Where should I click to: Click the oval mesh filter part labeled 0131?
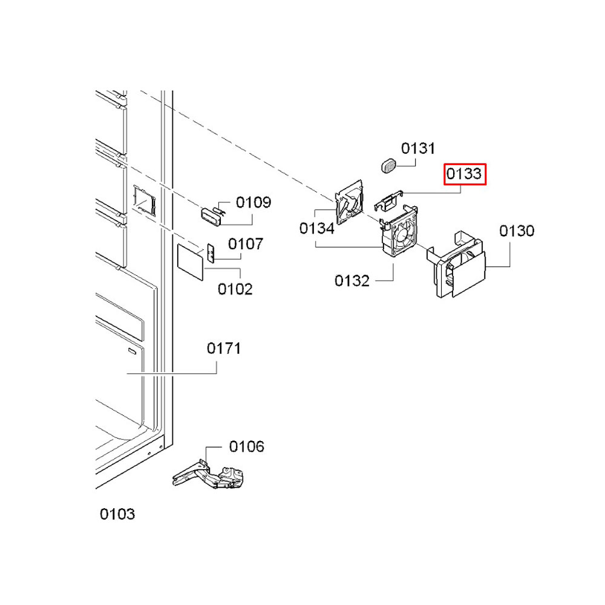[389, 165]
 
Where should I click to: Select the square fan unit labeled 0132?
[399, 231]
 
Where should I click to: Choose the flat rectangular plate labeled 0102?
[190, 261]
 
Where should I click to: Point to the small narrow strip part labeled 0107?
[211, 253]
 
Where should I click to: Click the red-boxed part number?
[465, 174]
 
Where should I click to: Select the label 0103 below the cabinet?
[117, 514]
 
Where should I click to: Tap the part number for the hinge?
[247, 446]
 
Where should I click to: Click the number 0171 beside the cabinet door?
[224, 348]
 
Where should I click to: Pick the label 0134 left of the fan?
[317, 229]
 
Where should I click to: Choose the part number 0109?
[253, 202]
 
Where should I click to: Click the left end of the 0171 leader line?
[127, 373]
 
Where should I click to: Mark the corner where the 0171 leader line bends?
[217, 373]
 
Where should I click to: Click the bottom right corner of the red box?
[486, 185]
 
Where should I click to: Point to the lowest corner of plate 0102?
[202, 281]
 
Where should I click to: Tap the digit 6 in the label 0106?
[260, 446]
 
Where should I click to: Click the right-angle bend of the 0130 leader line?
[509, 267]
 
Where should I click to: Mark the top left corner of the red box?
[444, 164]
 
